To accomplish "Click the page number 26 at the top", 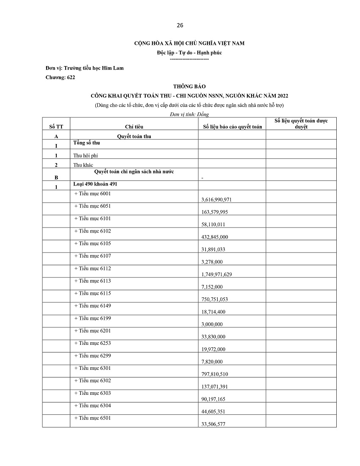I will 180,25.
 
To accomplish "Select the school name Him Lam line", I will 85,68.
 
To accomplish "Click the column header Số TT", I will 56,127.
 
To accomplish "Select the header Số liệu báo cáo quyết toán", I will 233,127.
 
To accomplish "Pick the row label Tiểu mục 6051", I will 92,206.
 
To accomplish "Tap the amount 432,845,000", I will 216,237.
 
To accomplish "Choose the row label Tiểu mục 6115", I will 92,293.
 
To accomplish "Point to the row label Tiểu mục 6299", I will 92,355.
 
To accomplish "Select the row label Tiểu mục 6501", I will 92,418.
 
